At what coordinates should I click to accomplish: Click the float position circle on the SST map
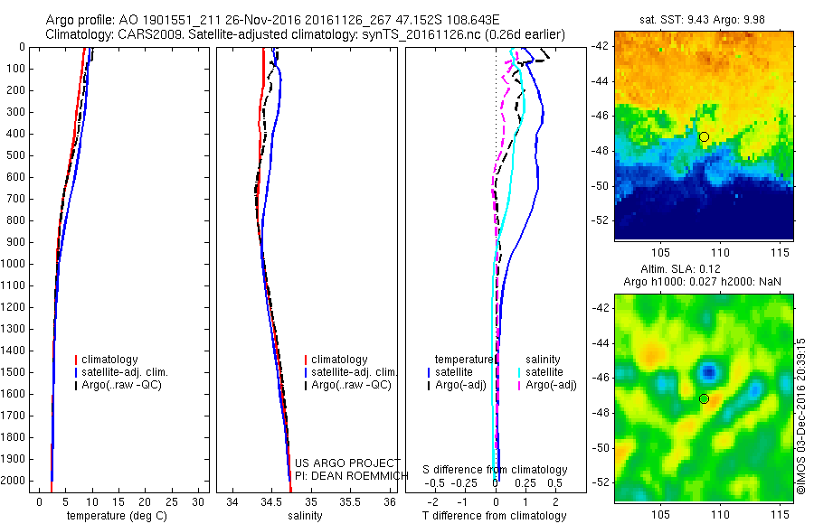(x=704, y=136)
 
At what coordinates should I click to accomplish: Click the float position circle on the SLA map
(x=704, y=398)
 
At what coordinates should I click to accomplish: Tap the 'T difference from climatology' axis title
(x=494, y=516)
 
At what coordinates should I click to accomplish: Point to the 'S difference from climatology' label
(x=496, y=470)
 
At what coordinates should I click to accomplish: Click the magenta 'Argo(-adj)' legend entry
(x=550, y=386)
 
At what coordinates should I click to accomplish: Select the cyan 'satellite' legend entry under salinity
(x=544, y=372)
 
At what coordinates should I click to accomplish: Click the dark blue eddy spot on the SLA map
(x=710, y=371)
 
